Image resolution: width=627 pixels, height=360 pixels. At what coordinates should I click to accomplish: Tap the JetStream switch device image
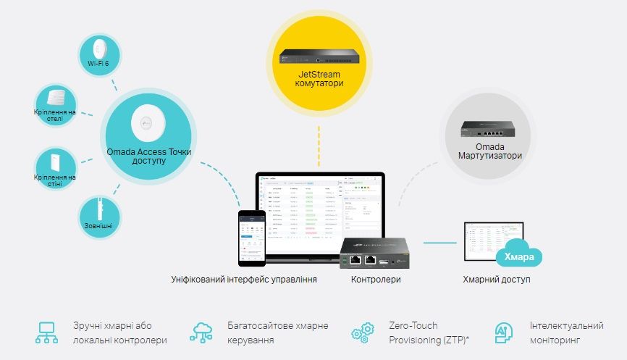pyautogui.click(x=318, y=56)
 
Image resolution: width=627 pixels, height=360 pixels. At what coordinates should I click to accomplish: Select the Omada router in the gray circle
pyautogui.click(x=489, y=132)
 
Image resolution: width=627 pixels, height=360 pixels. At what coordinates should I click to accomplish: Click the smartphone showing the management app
pyautogui.click(x=251, y=238)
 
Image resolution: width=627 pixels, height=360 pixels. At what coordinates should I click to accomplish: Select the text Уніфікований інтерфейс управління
pyautogui.click(x=243, y=280)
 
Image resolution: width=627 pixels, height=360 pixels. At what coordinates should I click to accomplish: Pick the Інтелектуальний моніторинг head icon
pyautogui.click(x=502, y=332)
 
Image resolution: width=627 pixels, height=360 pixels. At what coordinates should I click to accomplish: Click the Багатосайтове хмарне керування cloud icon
pyautogui.click(x=203, y=332)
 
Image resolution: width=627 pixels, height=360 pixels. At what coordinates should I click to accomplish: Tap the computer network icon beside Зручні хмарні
pyautogui.click(x=46, y=332)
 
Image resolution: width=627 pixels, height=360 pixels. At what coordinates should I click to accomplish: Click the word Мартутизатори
pyautogui.click(x=489, y=156)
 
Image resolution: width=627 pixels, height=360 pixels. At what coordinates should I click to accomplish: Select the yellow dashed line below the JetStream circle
pyautogui.click(x=318, y=145)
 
